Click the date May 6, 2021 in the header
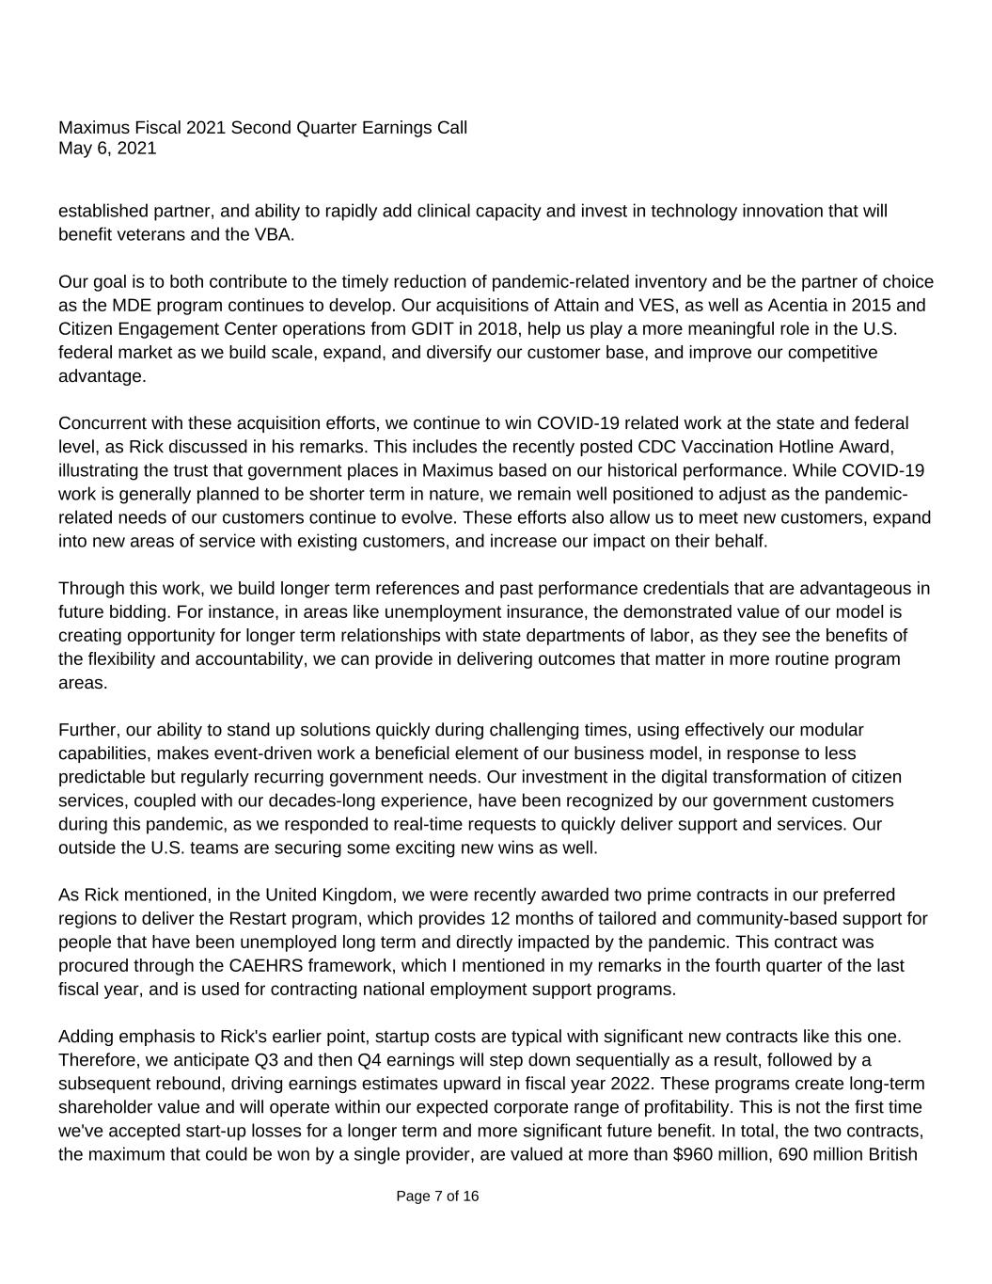107,149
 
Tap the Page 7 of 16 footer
437,1197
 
